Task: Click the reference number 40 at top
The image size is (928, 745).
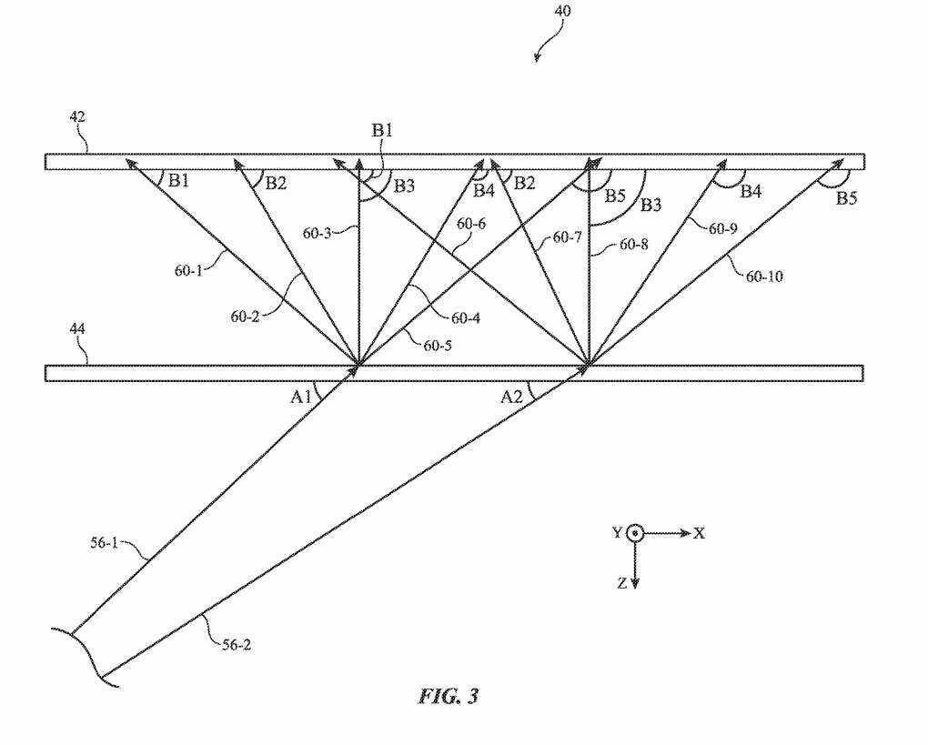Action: pyautogui.click(x=562, y=11)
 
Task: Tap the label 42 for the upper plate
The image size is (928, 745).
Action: pyautogui.click(x=77, y=116)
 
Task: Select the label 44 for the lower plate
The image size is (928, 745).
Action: pyautogui.click(x=77, y=328)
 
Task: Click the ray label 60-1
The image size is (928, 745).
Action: pyautogui.click(x=189, y=270)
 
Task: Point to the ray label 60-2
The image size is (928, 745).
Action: pyautogui.click(x=245, y=317)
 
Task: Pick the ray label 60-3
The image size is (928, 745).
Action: pyautogui.click(x=318, y=233)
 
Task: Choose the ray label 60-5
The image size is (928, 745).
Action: pyautogui.click(x=438, y=345)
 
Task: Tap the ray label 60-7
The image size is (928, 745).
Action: pyautogui.click(x=568, y=238)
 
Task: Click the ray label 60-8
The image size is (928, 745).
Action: pyautogui.click(x=634, y=244)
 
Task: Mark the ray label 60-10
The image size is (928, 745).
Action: pyautogui.click(x=764, y=277)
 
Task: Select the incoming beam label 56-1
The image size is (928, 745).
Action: pyautogui.click(x=104, y=543)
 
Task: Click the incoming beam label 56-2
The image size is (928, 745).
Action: pyautogui.click(x=237, y=644)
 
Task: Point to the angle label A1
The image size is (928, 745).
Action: pyautogui.click(x=300, y=397)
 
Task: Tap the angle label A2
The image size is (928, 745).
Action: pyautogui.click(x=512, y=397)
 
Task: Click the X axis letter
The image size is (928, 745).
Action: pyautogui.click(x=699, y=533)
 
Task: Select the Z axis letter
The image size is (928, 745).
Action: pyautogui.click(x=621, y=583)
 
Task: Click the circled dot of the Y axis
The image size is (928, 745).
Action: pyautogui.click(x=635, y=533)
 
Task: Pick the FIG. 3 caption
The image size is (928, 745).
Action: pyautogui.click(x=448, y=696)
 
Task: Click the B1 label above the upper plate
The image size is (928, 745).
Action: pyautogui.click(x=382, y=130)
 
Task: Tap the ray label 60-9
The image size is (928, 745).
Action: pyautogui.click(x=722, y=228)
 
